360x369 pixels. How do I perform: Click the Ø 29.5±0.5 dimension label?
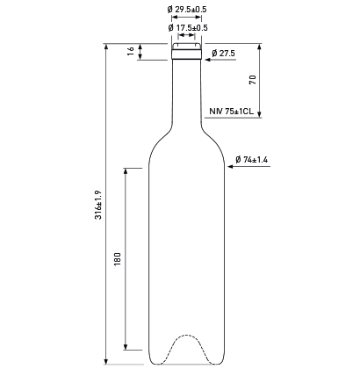pyautogui.click(x=187, y=10)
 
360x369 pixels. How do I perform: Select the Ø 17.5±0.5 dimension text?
pyautogui.click(x=188, y=28)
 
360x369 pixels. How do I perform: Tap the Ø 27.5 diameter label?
pyautogui.click(x=223, y=54)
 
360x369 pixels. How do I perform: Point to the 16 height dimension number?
pyautogui.click(x=131, y=51)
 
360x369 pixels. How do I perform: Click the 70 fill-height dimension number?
pyautogui.click(x=253, y=80)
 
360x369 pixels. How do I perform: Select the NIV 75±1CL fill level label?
pyautogui.click(x=232, y=112)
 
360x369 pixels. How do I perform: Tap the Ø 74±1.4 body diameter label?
pyautogui.click(x=252, y=160)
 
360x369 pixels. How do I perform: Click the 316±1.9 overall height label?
pyautogui.click(x=98, y=205)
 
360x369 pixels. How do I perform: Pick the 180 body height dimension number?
pyautogui.click(x=118, y=259)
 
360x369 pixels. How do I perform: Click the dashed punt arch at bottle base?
pyautogui.click(x=186, y=335)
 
